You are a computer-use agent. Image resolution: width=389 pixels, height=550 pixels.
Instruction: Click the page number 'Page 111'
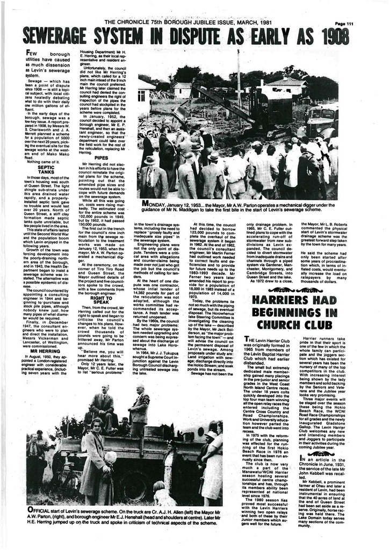point(343,24)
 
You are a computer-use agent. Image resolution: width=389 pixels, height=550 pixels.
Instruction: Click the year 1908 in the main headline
point(329,37)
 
